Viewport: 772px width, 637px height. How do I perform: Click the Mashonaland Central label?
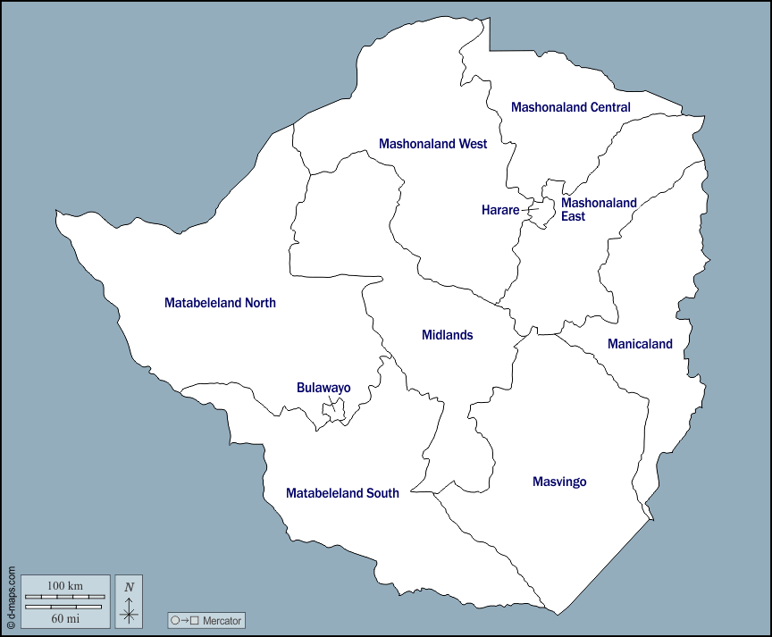point(570,107)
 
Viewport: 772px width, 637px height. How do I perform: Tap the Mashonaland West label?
point(432,144)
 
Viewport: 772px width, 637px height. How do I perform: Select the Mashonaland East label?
point(599,209)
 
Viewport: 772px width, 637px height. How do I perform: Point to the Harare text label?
point(499,211)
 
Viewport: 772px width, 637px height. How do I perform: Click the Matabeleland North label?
point(220,303)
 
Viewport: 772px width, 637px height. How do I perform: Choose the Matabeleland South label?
point(342,493)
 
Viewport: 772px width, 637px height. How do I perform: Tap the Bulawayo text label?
point(323,388)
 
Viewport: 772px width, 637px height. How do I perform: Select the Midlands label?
point(447,335)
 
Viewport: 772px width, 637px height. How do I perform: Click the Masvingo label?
point(559,482)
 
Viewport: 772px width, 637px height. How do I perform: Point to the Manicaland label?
point(640,344)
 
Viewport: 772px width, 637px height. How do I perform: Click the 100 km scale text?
point(64,585)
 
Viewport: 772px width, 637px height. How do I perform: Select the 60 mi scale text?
point(64,617)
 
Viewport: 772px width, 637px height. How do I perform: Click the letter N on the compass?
point(129,587)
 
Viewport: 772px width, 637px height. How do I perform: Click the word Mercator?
point(222,621)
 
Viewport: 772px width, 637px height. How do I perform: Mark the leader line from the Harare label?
point(528,211)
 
